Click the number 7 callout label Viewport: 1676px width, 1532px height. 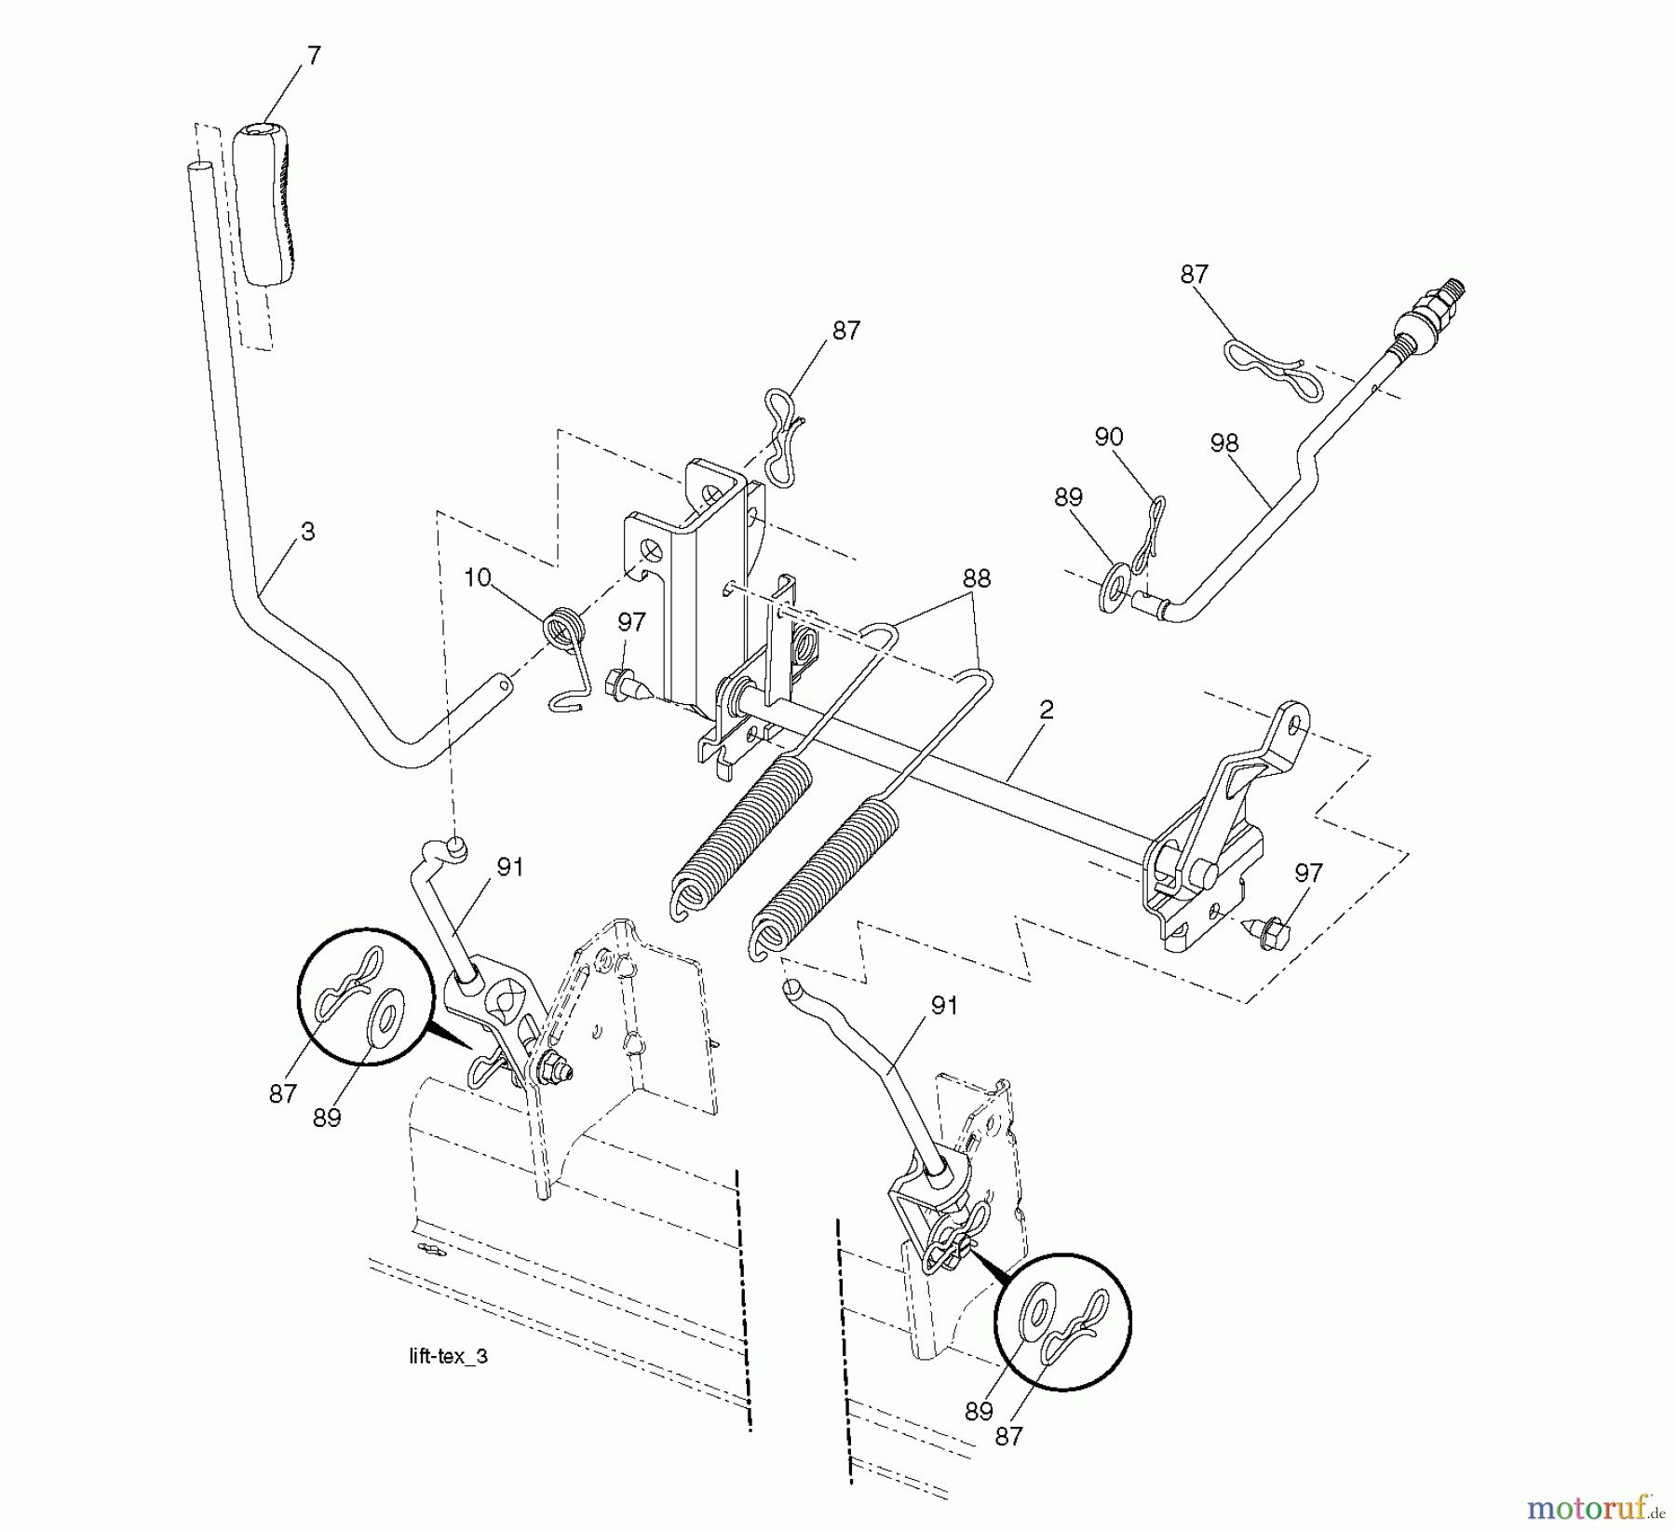pyautogui.click(x=313, y=57)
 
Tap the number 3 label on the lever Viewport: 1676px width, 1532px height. pyautogui.click(x=307, y=532)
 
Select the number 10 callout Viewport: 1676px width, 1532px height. pyautogui.click(x=477, y=578)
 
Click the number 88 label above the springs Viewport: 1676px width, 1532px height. pyautogui.click(x=977, y=578)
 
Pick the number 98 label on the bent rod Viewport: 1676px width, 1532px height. pyautogui.click(x=1223, y=444)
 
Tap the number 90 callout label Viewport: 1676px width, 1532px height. pyautogui.click(x=1108, y=437)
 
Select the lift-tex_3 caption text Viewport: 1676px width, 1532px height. pyautogui.click(x=448, y=1357)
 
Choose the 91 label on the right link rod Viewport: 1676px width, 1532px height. pyautogui.click(x=944, y=1006)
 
